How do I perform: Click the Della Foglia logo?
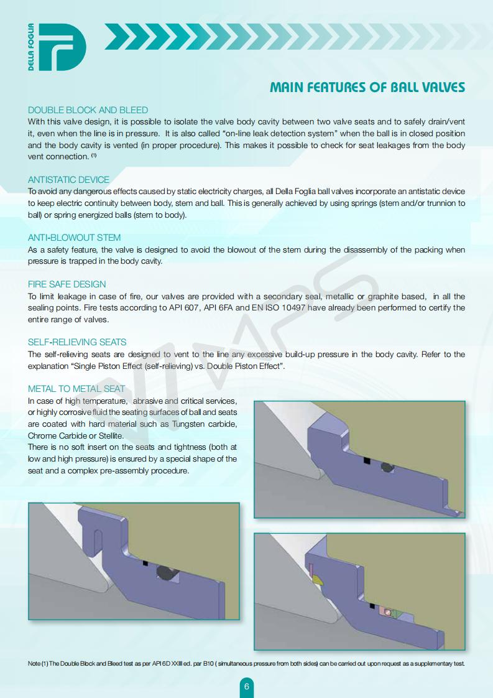click(57, 47)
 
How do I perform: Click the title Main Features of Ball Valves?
click(367, 87)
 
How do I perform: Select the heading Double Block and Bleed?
click(88, 110)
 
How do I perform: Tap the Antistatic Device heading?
click(68, 180)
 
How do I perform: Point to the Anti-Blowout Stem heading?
click(74, 238)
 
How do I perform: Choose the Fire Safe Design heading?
click(67, 284)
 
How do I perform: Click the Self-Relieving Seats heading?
click(77, 342)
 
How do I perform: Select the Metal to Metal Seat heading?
click(76, 389)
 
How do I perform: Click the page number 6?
click(247, 687)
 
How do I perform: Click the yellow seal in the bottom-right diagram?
click(318, 580)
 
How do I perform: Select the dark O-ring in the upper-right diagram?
click(387, 468)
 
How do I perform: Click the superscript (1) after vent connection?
click(94, 155)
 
